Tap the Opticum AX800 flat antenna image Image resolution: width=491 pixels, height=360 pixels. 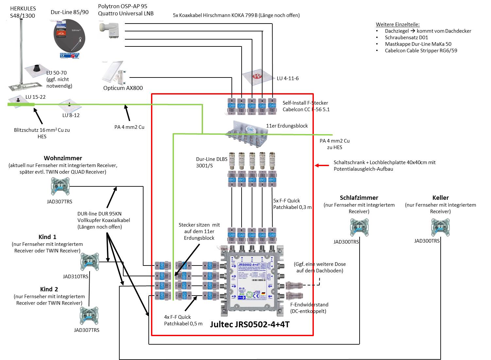coord(114,73)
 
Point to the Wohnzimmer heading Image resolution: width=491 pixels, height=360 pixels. coord(63,158)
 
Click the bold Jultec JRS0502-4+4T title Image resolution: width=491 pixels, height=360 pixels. coord(250,324)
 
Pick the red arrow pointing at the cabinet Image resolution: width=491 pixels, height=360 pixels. coord(322,165)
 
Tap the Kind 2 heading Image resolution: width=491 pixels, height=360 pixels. coord(49,289)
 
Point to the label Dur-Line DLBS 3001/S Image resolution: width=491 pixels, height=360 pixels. coord(209,163)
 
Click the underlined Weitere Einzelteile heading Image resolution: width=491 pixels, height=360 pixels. coord(398,24)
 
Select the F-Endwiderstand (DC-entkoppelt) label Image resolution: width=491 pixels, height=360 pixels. coord(309,308)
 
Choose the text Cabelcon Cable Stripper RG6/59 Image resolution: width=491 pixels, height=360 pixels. coord(421,50)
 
